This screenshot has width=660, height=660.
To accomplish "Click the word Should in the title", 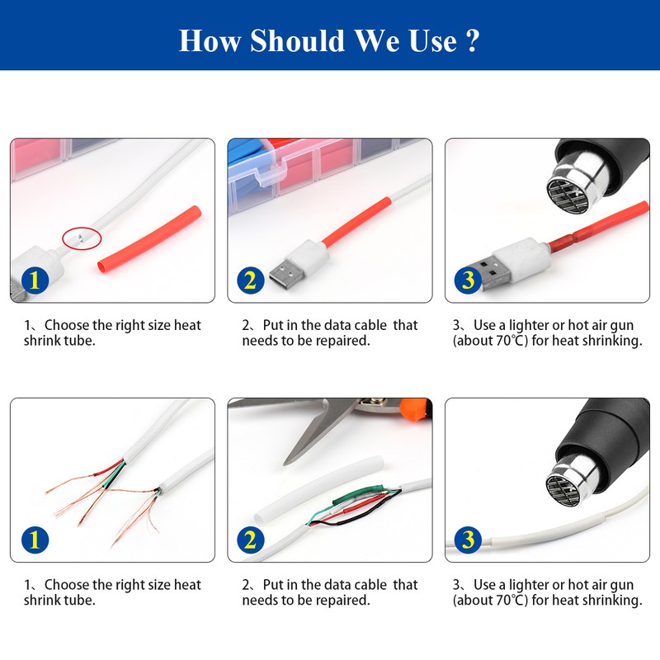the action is click(298, 40).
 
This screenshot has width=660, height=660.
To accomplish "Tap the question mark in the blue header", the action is click(473, 40).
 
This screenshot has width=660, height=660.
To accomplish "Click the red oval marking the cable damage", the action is click(82, 238).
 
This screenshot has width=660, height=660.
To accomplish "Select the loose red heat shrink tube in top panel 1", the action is click(150, 238).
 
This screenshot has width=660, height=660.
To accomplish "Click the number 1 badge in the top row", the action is click(35, 280).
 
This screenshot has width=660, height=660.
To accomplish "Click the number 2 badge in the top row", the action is click(251, 280).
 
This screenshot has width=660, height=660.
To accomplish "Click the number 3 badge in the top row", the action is click(468, 280).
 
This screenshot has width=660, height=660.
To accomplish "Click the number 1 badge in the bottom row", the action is click(35, 540).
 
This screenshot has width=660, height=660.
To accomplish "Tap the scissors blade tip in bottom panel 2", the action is click(284, 464).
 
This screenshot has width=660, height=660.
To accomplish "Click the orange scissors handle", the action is click(415, 409).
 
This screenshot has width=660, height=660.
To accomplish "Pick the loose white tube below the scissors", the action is click(319, 488).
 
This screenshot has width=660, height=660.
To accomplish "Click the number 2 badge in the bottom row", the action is click(251, 540).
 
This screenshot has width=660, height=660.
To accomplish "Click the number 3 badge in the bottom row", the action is click(468, 540).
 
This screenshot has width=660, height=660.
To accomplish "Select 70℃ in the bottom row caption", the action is click(509, 601).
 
